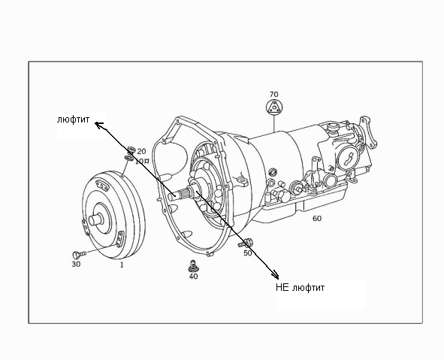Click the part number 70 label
pyautogui.click(x=273, y=94)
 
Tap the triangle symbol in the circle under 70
pyautogui.click(x=274, y=107)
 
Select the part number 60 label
pyautogui.click(x=317, y=219)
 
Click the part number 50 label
pyautogui.click(x=248, y=253)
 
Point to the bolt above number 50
pyautogui.click(x=245, y=243)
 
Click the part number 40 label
pyautogui.click(x=193, y=276)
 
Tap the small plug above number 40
pyautogui.click(x=193, y=265)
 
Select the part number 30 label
pyautogui.click(x=76, y=264)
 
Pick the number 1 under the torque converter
pyautogui.click(x=122, y=265)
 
